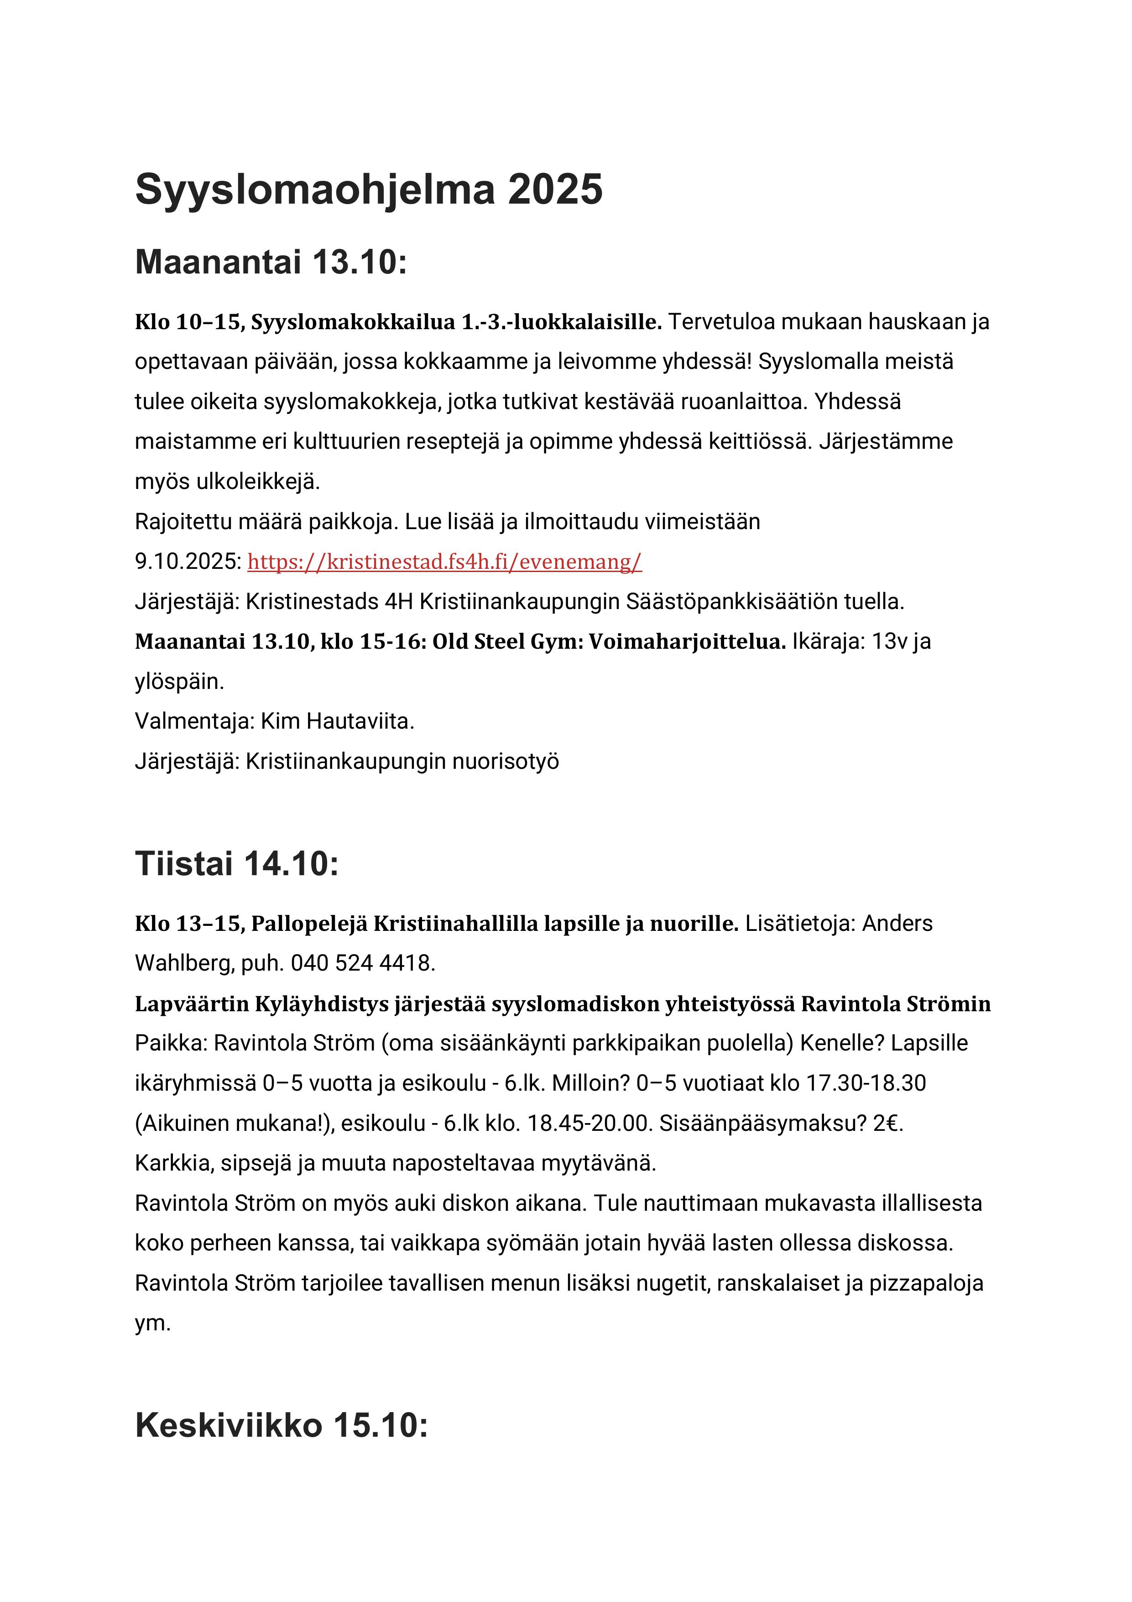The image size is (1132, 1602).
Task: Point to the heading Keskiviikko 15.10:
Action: point(281,1425)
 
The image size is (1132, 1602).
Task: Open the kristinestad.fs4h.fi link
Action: point(444,562)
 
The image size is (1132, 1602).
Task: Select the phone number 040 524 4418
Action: point(363,964)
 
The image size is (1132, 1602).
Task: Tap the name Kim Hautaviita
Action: point(338,721)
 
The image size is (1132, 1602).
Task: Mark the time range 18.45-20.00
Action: point(589,1124)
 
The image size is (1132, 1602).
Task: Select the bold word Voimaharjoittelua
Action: point(687,642)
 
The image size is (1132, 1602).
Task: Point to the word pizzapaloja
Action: point(926,1284)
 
